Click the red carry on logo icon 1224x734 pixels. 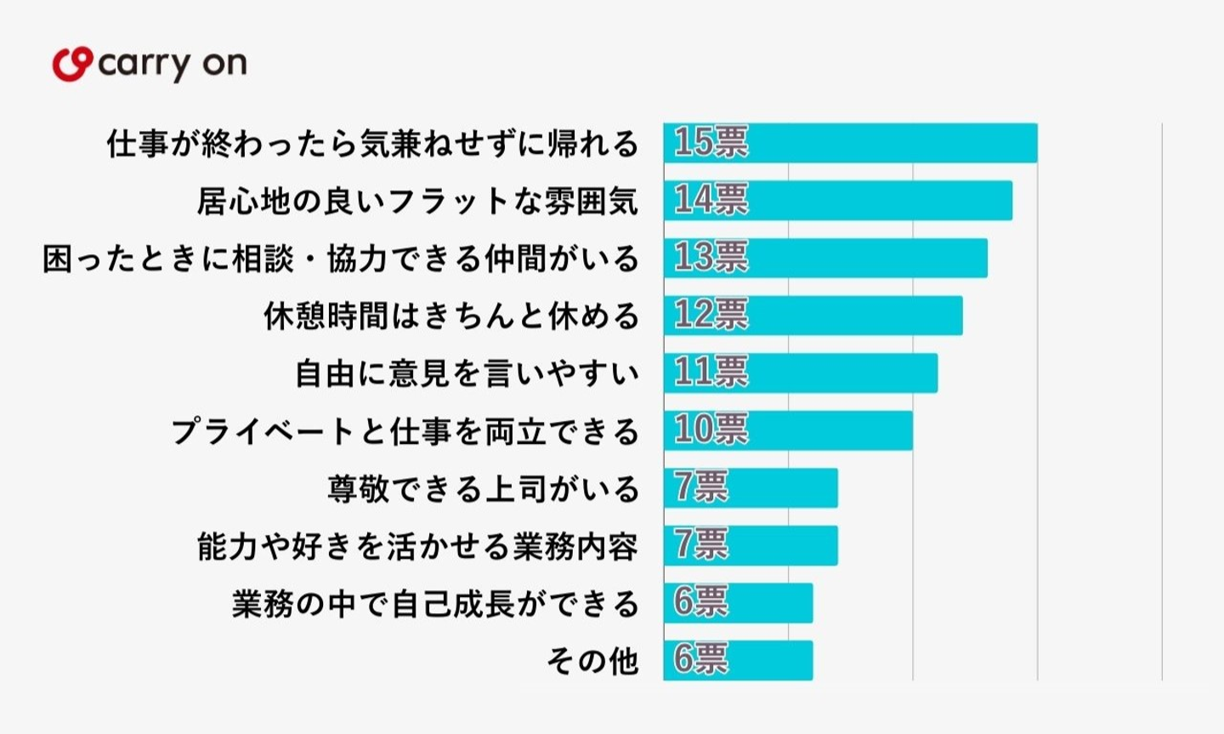[71, 65]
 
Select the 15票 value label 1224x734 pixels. [711, 143]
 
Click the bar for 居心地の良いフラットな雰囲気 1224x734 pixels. [837, 201]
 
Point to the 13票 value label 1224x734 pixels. [711, 258]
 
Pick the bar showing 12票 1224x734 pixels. [813, 316]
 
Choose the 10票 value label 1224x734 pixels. [711, 430]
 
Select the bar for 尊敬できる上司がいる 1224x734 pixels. [751, 488]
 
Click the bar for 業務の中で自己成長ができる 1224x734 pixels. [738, 603]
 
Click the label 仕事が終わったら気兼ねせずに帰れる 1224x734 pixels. [372, 144]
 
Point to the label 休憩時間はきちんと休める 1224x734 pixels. [450, 316]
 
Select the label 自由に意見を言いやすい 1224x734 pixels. [467, 373]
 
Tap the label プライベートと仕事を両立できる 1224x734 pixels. [405, 431]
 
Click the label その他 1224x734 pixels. [592, 661]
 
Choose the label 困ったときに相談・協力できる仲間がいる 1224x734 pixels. [340, 259]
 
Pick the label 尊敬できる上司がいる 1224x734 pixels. [483, 489]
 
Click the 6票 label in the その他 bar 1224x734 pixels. [701, 659]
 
